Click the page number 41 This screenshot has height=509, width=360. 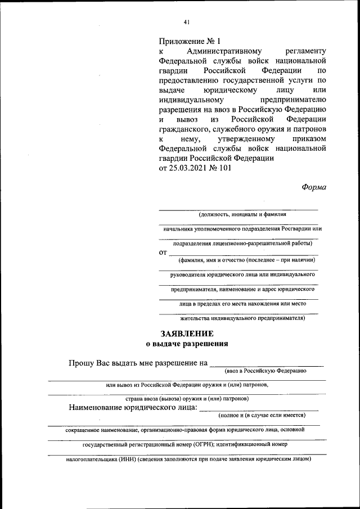pos(187,22)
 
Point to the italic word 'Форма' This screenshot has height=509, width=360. pos(314,187)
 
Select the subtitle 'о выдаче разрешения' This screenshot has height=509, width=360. pos(187,344)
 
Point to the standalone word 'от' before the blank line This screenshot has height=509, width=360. pos(164,253)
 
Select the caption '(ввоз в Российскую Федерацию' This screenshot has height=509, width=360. pos(264,371)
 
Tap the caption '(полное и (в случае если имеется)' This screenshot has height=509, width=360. pos(262,415)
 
